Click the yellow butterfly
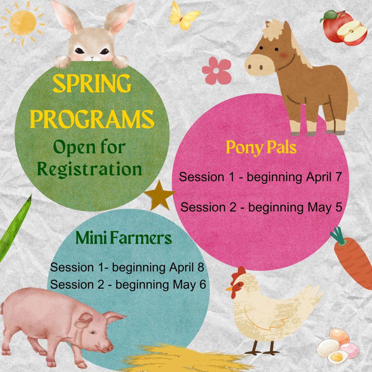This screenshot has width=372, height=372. [184, 17]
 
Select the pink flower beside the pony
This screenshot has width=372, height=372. [217, 71]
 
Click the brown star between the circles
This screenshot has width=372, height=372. [160, 196]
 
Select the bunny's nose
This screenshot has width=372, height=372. [92, 58]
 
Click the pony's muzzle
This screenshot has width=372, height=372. [257, 65]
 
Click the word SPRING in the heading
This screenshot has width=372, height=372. [92, 83]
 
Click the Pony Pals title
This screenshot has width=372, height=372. [261, 148]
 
